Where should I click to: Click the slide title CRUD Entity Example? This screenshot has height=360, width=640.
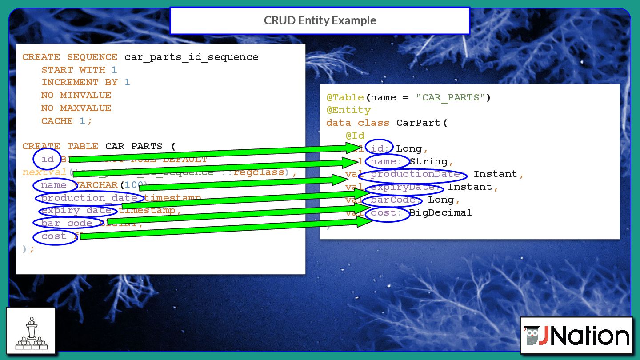[x=320, y=20]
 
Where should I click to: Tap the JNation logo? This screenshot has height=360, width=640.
[x=576, y=336]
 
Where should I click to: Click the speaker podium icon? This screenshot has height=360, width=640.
[x=31, y=331]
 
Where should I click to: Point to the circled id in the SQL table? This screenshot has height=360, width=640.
[x=47, y=159]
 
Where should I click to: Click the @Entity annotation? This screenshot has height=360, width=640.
[x=348, y=110]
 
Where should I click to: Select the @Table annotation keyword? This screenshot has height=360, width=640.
[x=345, y=97]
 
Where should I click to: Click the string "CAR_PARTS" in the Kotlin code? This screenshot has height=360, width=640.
[x=450, y=97]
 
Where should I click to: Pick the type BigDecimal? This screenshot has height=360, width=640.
[x=440, y=213]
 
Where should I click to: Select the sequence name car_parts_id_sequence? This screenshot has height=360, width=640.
[x=191, y=57]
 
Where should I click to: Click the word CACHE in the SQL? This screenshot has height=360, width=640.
[x=57, y=121]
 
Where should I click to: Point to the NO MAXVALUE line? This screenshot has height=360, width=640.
[x=76, y=108]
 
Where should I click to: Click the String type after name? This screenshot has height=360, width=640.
[x=428, y=161]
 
